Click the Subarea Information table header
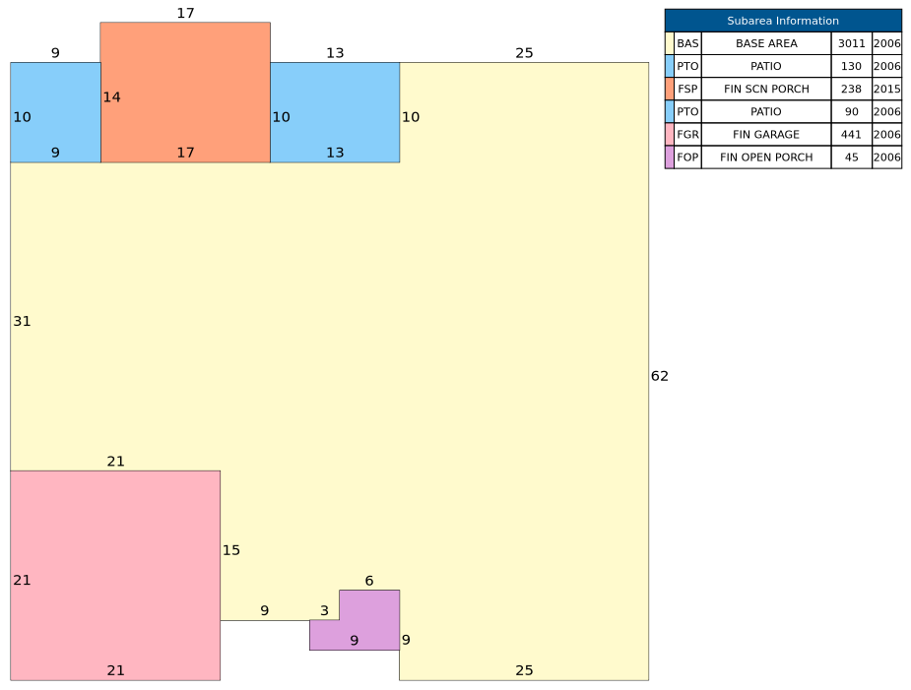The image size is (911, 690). [x=783, y=21]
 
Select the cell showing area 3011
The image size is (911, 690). [x=851, y=43]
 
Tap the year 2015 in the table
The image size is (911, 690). [x=886, y=89]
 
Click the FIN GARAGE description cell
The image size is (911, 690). [x=765, y=134]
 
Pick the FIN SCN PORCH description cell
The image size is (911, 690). [x=765, y=89]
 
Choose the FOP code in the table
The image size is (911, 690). [x=687, y=157]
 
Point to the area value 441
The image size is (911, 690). [x=851, y=134]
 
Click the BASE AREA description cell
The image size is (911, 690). [x=765, y=43]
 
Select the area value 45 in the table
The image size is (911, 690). [x=851, y=157]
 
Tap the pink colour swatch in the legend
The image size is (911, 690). [x=670, y=134]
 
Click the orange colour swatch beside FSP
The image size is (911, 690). [x=670, y=89]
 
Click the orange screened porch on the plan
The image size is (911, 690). [x=185, y=93]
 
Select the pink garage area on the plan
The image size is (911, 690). [x=114, y=575]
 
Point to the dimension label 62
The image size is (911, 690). [x=660, y=376]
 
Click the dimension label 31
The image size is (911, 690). [x=22, y=321]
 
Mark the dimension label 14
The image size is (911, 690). [x=111, y=97]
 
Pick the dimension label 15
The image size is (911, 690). [x=231, y=550]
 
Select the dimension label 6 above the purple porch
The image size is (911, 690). [x=369, y=581]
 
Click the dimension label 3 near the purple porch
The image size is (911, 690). [x=324, y=610]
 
